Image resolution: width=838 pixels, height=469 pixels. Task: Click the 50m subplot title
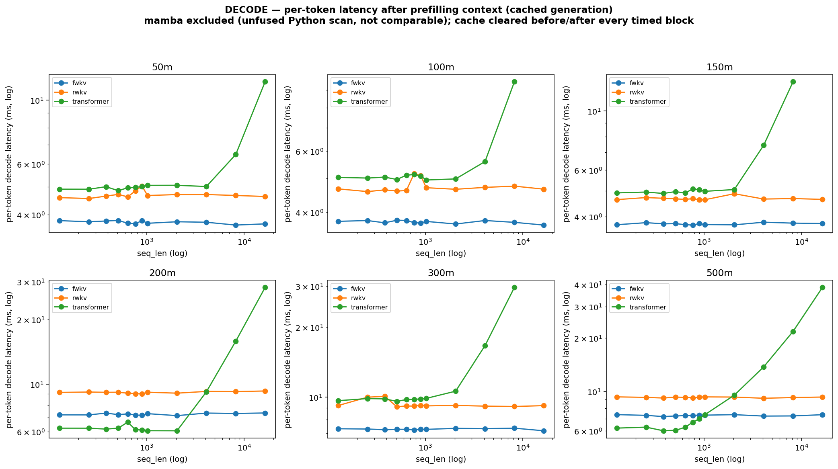pos(162,68)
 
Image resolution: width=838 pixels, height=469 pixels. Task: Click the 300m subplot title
pos(441,273)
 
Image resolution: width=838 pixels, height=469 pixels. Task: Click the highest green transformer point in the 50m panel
pos(265,82)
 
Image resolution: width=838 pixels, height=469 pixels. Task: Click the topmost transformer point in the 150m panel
pos(793,82)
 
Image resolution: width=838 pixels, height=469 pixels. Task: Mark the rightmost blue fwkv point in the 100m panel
pos(544,225)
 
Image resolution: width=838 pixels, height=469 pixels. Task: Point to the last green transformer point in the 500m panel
pos(822,288)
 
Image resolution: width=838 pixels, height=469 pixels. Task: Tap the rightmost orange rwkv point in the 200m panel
pos(265,391)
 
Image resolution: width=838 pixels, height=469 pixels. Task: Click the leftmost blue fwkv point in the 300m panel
pos(338,429)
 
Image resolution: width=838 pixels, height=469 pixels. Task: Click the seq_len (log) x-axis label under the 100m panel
pos(441,254)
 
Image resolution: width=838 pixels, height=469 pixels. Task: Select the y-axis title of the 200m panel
pos(9,359)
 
